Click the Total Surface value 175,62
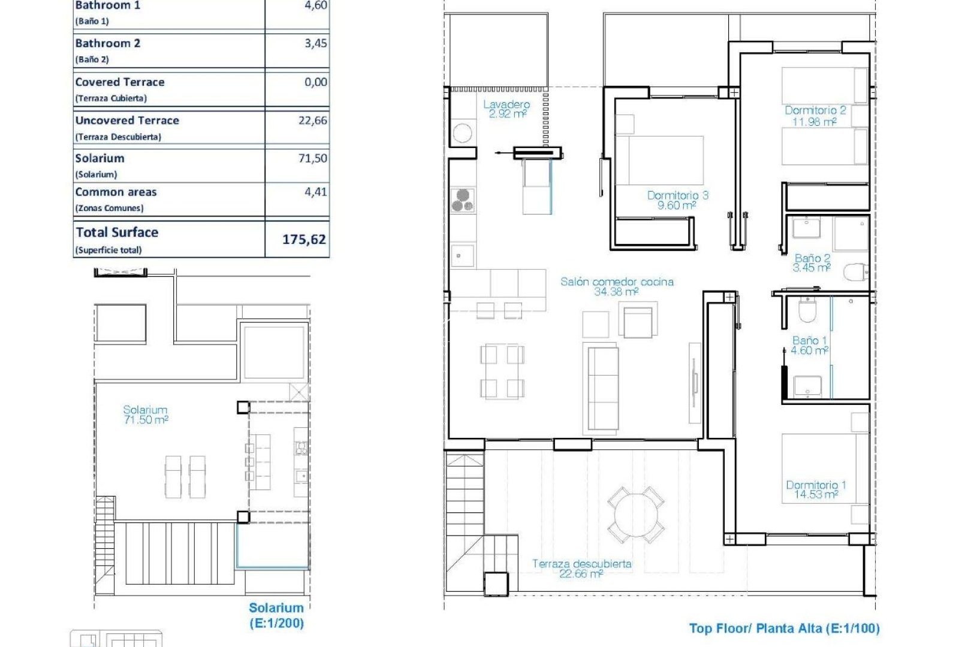point(304,240)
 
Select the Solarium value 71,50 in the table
point(313,159)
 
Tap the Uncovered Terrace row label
point(127,120)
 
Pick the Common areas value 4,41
point(316,192)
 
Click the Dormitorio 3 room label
point(677,195)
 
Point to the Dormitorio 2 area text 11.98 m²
point(814,122)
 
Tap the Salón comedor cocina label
point(617,282)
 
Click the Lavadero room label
point(506,105)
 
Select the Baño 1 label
point(809,340)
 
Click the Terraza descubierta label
point(581,564)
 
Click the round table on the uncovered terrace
point(636,515)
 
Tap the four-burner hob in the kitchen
point(463,200)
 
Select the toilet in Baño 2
point(855,273)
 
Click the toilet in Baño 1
point(807,310)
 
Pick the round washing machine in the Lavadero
point(462,133)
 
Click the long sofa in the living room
point(602,387)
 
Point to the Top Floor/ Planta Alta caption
point(784,628)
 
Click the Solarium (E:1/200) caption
point(276,615)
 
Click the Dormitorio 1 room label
point(816,485)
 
